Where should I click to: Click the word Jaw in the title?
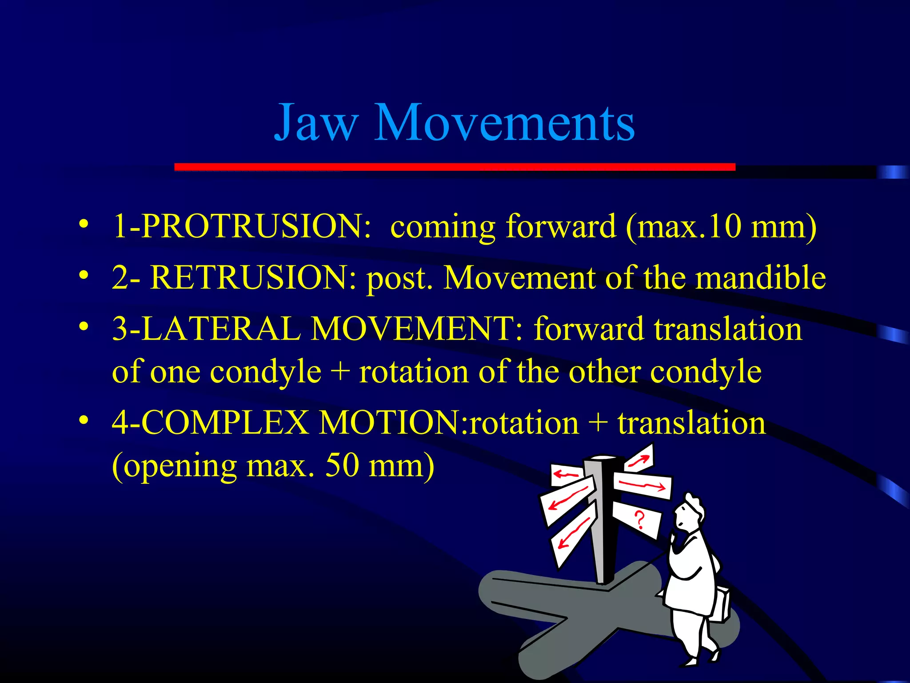tap(316, 122)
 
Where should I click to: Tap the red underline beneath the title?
tap(455, 167)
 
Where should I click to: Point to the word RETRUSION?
tap(253, 277)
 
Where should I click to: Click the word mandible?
tap(760, 277)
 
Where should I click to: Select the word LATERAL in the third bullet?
tap(222, 329)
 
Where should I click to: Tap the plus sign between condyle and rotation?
tap(340, 372)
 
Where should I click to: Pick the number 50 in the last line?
tap(342, 466)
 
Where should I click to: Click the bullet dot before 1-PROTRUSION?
tap(83, 224)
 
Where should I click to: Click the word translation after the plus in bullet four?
tap(691, 422)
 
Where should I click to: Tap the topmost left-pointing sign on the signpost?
tap(567, 475)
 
